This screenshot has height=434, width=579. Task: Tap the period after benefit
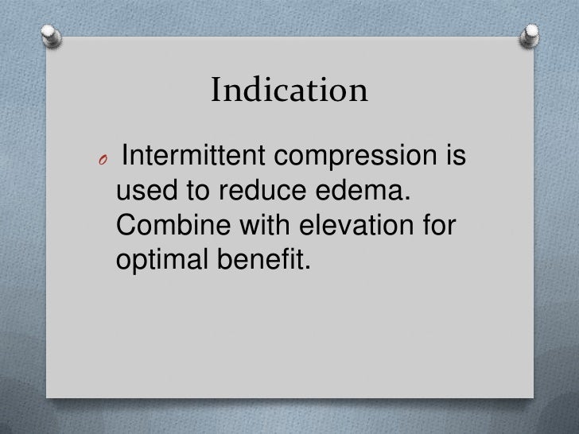(301, 265)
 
